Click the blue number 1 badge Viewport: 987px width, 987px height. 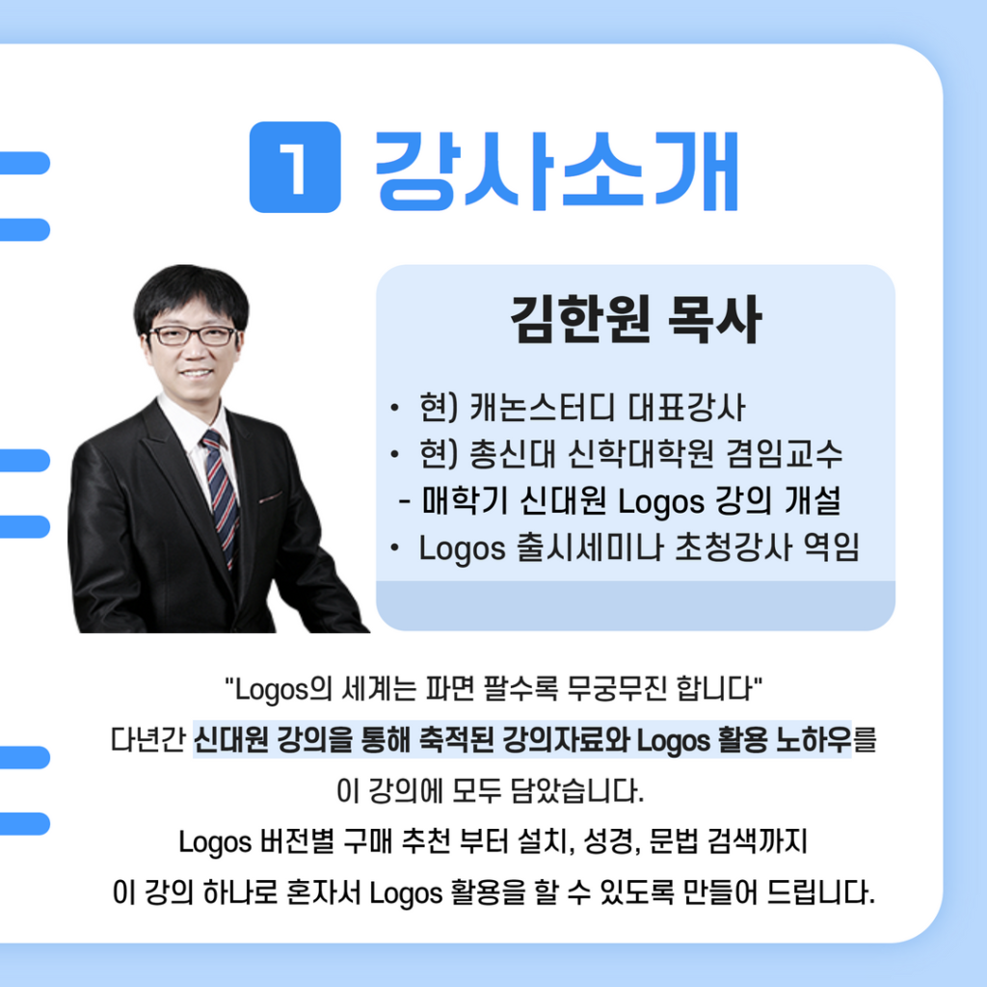(x=295, y=167)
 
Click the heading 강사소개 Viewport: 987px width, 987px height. (x=556, y=170)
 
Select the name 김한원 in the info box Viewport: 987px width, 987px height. (x=579, y=319)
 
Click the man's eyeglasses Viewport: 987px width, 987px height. (x=193, y=335)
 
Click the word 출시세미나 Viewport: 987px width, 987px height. (x=590, y=547)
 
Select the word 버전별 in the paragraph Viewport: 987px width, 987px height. (x=297, y=841)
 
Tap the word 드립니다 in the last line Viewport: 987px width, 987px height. (x=821, y=893)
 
